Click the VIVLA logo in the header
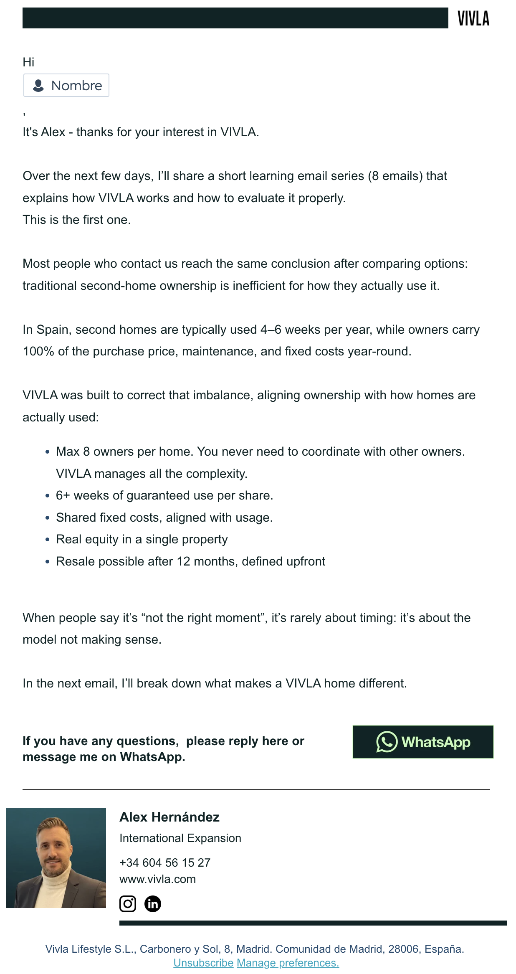click(473, 18)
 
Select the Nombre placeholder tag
click(66, 86)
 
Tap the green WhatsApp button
click(423, 742)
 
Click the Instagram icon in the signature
click(128, 904)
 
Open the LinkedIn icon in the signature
click(153, 904)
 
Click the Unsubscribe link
click(203, 963)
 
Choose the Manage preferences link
click(288, 963)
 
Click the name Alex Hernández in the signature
click(169, 817)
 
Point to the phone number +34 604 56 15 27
click(165, 862)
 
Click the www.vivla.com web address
click(157, 879)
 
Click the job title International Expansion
click(180, 838)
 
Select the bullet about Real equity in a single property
click(142, 539)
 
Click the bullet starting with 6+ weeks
click(164, 495)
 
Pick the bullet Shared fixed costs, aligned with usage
click(164, 517)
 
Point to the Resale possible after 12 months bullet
click(190, 561)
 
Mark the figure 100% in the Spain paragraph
click(38, 351)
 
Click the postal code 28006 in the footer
click(403, 949)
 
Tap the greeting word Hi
click(28, 62)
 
